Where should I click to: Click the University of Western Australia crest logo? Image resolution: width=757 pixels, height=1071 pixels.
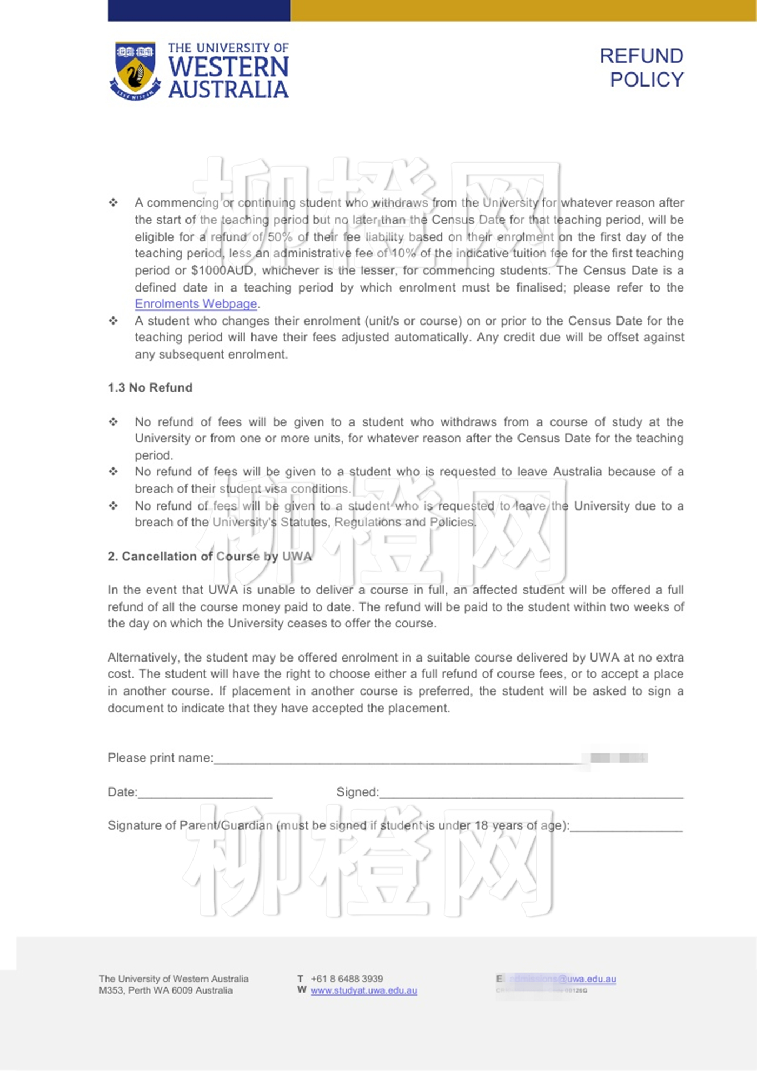(135, 71)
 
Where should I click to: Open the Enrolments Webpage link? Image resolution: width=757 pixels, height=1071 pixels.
(196, 304)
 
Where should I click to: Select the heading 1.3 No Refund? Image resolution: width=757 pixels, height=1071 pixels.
(150, 388)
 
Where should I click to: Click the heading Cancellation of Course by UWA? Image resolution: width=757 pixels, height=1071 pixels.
(210, 557)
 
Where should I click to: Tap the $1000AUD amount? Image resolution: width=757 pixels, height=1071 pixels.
(222, 270)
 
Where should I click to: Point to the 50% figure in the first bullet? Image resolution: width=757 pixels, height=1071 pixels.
(280, 237)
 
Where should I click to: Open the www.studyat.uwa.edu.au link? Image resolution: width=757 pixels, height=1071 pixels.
(364, 991)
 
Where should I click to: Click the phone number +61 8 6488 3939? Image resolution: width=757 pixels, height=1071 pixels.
(347, 979)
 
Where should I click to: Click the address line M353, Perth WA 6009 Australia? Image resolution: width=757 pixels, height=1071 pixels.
(165, 991)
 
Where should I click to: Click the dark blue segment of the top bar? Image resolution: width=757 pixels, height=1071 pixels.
(198, 10)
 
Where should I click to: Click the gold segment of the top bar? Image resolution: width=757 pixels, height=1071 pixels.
(523, 10)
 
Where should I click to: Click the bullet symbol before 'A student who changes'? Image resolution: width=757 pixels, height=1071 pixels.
(113, 321)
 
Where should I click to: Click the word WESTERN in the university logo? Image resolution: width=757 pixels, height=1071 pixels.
(228, 67)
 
